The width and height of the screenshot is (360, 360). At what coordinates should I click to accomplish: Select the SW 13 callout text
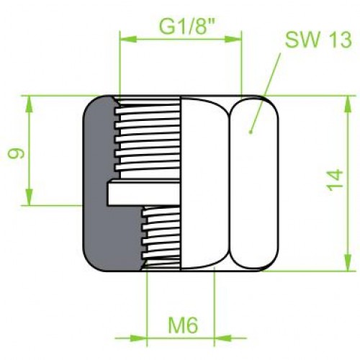coord(318,40)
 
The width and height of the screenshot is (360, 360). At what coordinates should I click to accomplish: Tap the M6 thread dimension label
coord(183,325)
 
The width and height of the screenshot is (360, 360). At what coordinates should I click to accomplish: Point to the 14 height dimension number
coord(335,180)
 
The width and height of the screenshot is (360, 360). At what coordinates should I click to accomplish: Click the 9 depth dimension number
coord(16,153)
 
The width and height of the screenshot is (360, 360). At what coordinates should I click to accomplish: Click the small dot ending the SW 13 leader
coord(251,132)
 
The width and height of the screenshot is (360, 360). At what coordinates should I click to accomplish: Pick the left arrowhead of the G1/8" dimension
coord(128,39)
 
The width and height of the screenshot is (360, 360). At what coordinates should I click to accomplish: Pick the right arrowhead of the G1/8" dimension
coord(233,39)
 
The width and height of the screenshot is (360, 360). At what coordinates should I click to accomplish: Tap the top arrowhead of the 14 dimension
coord(348,104)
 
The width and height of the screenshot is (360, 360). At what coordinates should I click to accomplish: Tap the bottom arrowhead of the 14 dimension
coord(348,263)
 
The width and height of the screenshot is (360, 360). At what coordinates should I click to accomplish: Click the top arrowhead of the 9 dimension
coord(30,104)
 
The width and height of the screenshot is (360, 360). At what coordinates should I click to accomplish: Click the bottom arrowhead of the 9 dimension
coord(30,197)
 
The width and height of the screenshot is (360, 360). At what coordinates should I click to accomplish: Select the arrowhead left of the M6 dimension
coord(138,338)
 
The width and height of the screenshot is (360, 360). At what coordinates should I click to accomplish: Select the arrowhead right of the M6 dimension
coord(222,338)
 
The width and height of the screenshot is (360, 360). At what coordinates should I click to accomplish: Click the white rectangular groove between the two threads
coord(143,193)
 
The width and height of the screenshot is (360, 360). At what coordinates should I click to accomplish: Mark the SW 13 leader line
coord(266,92)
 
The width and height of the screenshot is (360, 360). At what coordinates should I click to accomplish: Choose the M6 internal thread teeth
coord(161,237)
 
